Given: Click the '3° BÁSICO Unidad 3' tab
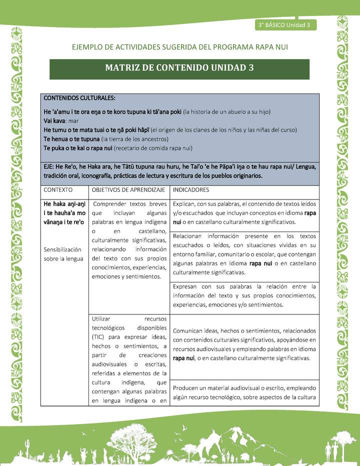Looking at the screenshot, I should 285,25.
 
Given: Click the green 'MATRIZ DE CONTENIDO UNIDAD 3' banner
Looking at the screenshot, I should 179,68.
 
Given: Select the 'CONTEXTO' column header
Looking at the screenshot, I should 58,190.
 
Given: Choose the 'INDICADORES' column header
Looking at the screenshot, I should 190,190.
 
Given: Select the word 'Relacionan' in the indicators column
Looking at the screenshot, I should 190,235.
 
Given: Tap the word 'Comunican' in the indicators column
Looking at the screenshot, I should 190,331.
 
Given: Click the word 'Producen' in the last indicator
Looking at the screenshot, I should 188,387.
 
